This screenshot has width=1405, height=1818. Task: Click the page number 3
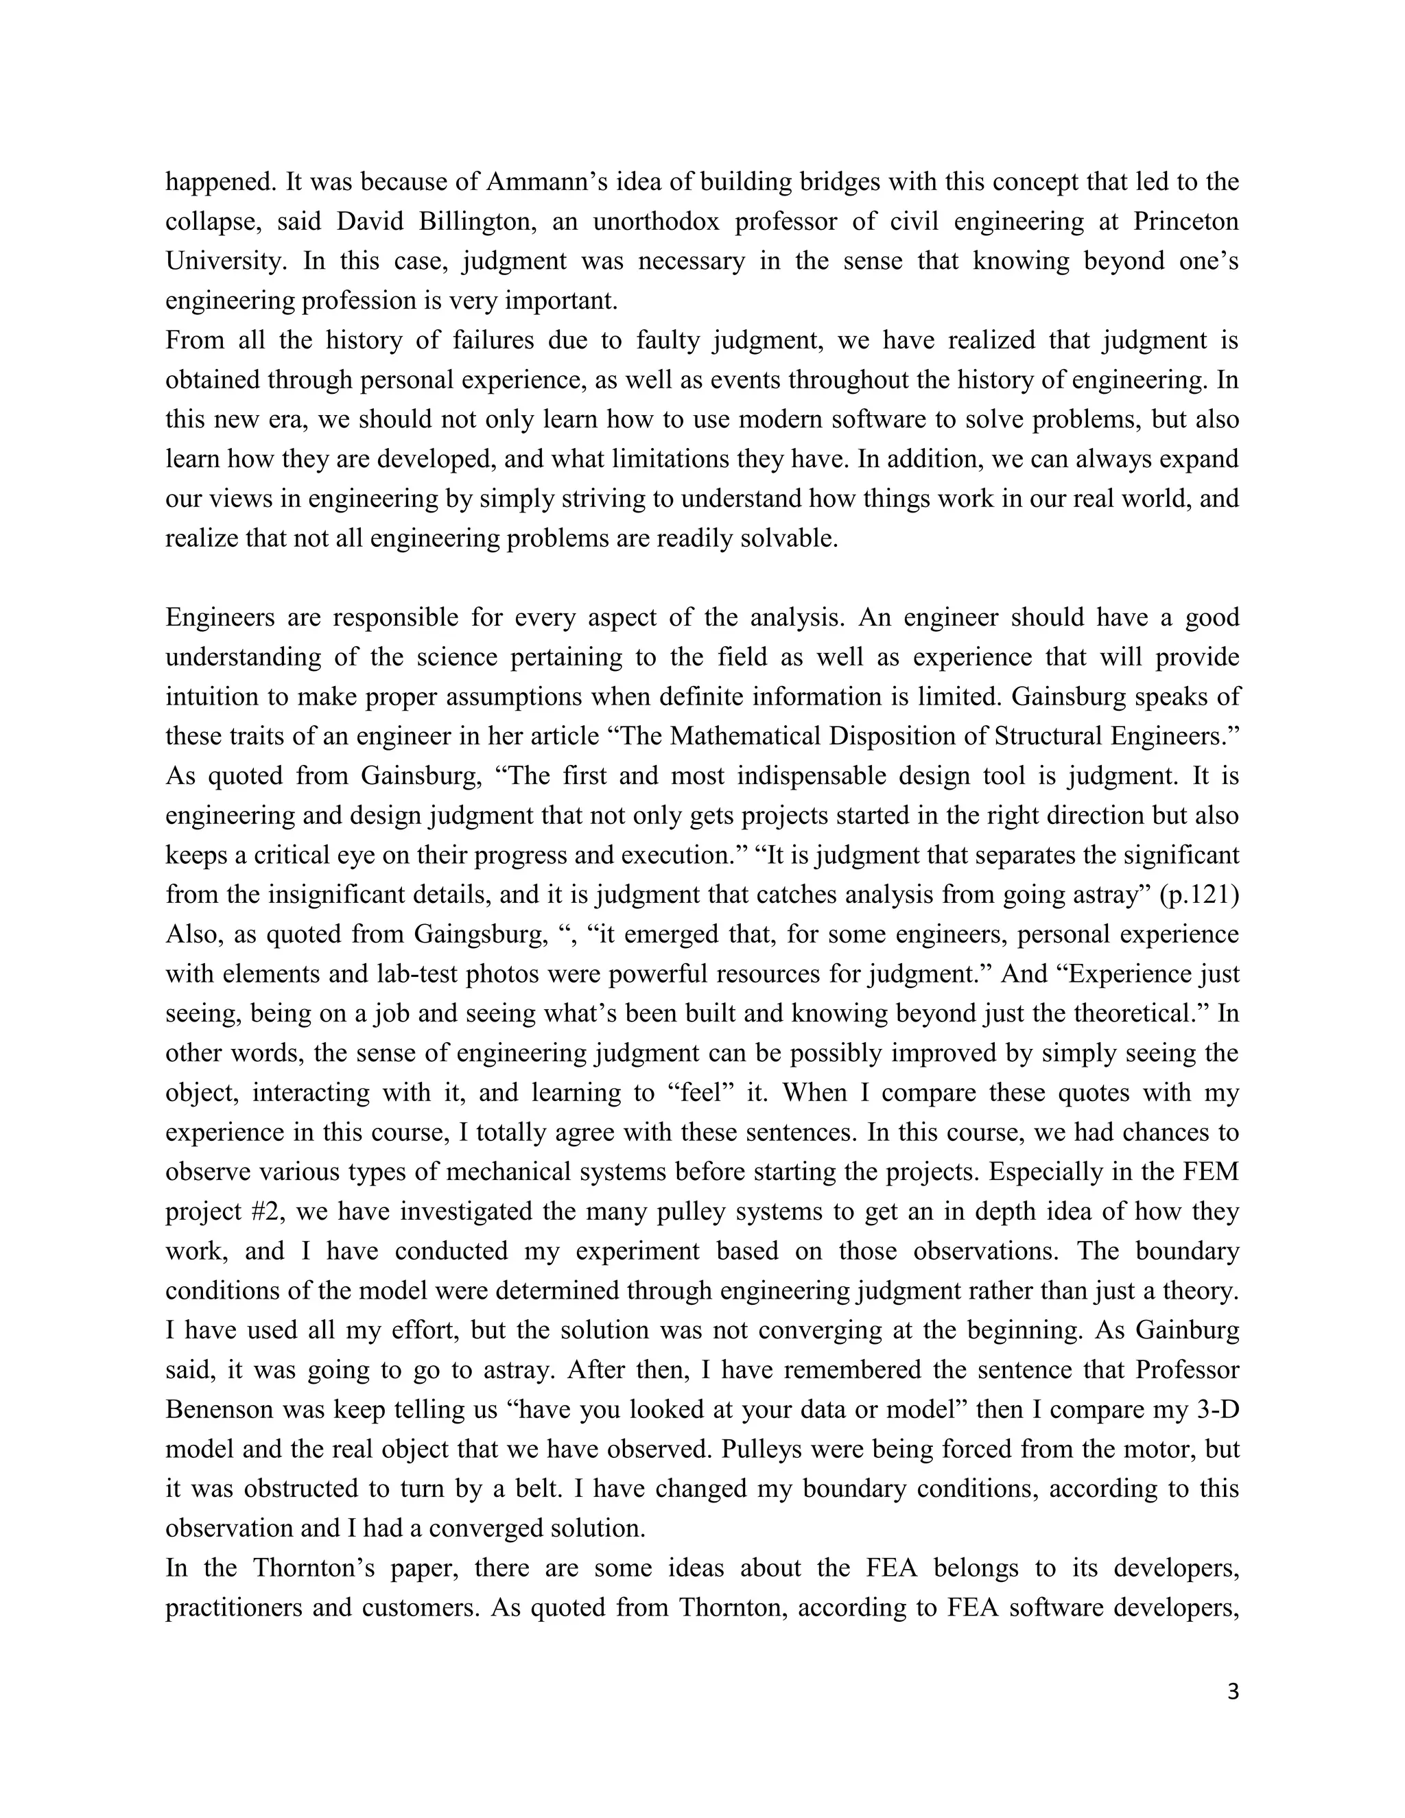click(1233, 1692)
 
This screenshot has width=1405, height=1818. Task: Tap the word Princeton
click(1185, 222)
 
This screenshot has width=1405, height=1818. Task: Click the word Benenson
click(219, 1409)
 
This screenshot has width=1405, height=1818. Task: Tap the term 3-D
click(1218, 1409)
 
